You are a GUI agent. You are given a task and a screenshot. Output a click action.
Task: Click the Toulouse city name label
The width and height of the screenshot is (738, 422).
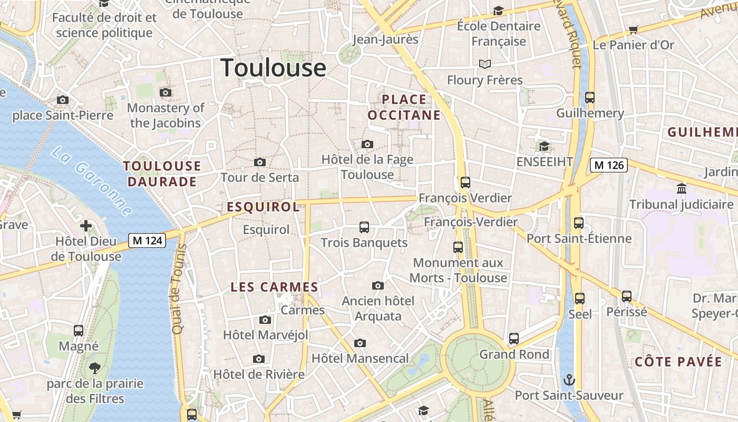(273, 68)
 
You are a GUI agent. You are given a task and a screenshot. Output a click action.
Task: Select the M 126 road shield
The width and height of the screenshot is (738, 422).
(609, 165)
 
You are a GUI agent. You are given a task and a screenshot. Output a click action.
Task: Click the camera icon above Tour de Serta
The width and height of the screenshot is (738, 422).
(260, 162)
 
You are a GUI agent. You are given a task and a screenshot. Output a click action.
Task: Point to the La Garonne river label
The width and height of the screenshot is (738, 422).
(92, 180)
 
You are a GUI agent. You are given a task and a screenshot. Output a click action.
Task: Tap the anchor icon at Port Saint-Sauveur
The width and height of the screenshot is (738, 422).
(569, 380)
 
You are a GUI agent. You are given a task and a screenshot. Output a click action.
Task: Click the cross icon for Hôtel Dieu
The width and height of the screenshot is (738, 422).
(86, 226)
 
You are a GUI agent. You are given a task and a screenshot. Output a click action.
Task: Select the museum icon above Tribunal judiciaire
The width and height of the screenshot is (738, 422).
(681, 188)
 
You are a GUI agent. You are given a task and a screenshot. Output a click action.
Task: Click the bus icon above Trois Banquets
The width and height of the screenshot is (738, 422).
(364, 227)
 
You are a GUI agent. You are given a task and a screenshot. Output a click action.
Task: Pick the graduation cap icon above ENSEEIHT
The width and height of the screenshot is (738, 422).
(544, 146)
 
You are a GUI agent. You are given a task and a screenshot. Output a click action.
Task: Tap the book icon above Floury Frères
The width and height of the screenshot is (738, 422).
(484, 64)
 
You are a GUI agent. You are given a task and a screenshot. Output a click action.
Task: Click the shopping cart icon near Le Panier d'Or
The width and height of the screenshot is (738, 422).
(634, 30)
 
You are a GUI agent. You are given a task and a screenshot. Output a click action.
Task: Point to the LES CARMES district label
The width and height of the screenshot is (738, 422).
(275, 287)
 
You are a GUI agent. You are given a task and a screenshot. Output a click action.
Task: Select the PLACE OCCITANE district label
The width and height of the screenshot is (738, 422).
(404, 107)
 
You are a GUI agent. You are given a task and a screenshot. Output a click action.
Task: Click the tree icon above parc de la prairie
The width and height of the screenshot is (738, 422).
(95, 368)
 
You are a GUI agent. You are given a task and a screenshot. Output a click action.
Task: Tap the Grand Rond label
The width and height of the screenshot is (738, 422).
(514, 354)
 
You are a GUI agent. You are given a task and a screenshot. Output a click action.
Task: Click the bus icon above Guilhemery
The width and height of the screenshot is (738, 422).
(590, 98)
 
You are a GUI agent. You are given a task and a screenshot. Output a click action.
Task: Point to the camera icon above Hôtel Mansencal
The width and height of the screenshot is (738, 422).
(360, 343)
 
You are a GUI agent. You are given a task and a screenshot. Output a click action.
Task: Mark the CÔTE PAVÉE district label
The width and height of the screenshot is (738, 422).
(678, 362)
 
